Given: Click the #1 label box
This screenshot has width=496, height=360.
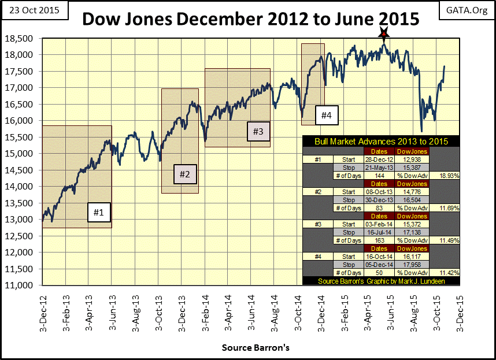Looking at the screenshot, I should pos(99,213).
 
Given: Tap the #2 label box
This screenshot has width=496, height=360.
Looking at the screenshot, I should pos(185,173).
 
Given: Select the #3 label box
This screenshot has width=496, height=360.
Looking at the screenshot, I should pos(258,131).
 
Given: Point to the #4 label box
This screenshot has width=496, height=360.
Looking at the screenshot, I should pos(327,116).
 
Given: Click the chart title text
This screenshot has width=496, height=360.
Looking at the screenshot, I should pos(250,19).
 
